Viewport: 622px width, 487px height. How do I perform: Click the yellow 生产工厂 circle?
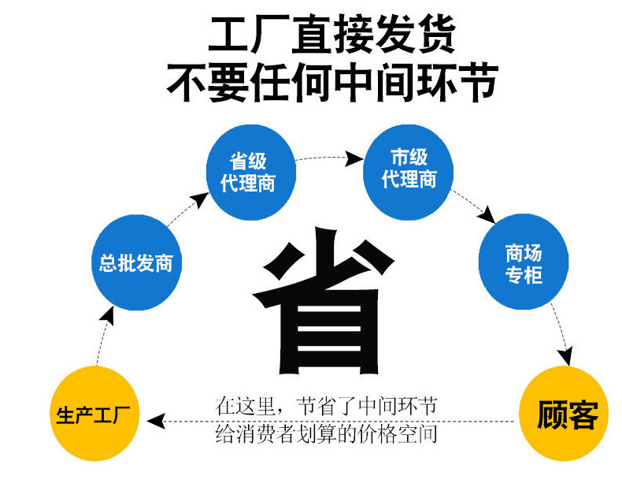97,414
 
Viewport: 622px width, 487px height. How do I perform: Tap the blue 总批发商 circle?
135,262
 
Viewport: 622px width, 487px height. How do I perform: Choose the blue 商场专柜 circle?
523,263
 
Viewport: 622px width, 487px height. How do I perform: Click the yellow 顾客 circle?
567,414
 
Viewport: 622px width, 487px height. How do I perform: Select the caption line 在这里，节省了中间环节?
326,407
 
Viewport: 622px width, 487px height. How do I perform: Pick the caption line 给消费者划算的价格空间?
326,434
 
